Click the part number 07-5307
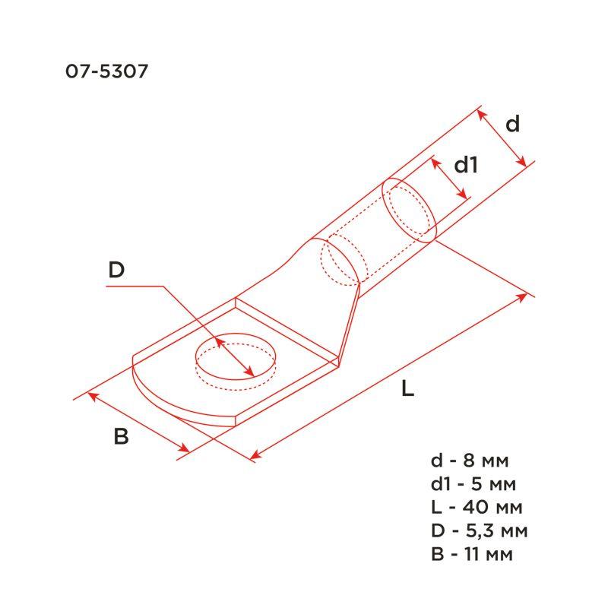[x=106, y=72]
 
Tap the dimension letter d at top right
[x=513, y=124]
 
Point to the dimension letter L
[x=408, y=390]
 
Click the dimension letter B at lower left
[x=121, y=437]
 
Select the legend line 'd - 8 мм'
[x=469, y=461]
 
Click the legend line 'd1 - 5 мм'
[x=474, y=484]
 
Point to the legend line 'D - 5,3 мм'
[x=479, y=530]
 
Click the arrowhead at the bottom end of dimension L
[x=255, y=457]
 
